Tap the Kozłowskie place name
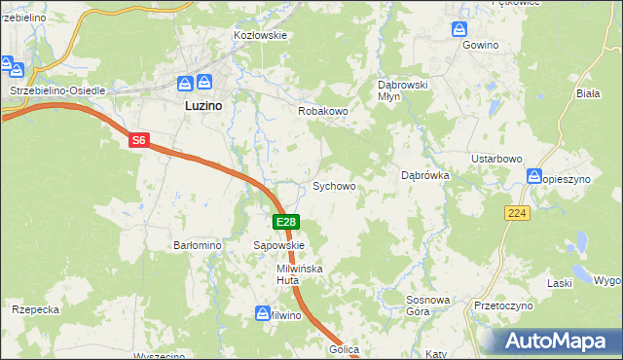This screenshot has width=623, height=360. (x=259, y=35)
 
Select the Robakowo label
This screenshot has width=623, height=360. (x=322, y=112)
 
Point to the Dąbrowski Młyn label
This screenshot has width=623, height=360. (x=403, y=90)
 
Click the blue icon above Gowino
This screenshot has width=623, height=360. (x=462, y=29)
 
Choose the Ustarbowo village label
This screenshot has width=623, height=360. (x=497, y=159)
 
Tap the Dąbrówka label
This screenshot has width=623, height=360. (x=424, y=176)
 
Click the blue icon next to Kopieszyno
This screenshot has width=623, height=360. (x=534, y=176)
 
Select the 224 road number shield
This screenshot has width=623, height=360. (x=517, y=212)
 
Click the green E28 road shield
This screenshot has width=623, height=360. (x=284, y=223)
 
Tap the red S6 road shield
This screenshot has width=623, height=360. (x=138, y=141)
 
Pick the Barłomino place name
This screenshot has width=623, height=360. (x=198, y=246)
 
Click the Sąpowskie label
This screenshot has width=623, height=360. (x=279, y=246)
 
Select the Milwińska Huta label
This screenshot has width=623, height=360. (x=299, y=273)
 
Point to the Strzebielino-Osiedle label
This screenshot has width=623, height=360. (x=56, y=90)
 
